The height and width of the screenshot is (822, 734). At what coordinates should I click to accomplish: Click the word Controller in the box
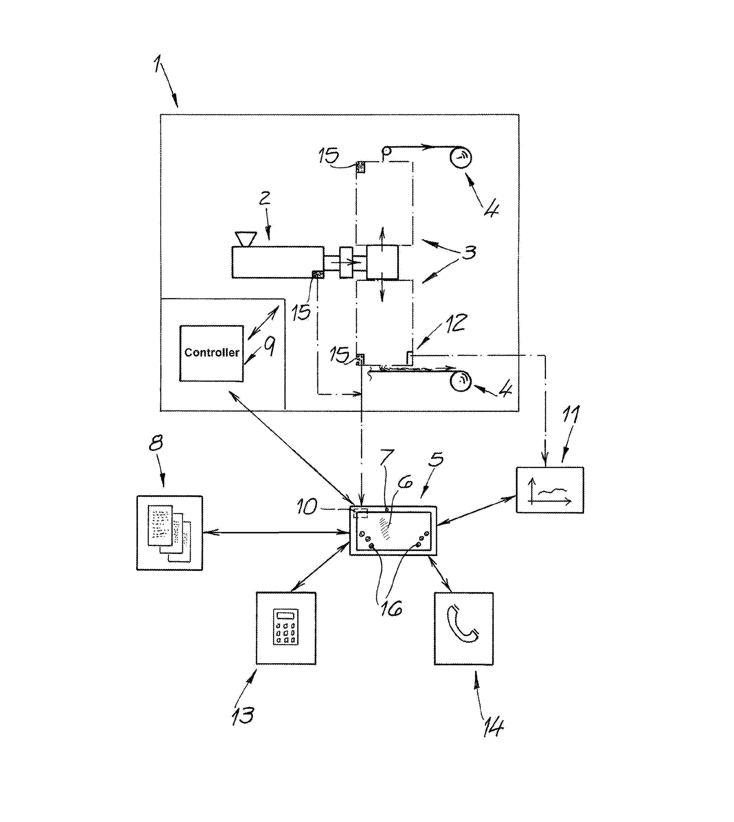[211, 353]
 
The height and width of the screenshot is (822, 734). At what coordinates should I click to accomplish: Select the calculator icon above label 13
[286, 626]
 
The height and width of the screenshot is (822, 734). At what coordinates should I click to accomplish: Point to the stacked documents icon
[169, 533]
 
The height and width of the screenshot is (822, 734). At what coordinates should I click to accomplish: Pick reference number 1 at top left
[158, 65]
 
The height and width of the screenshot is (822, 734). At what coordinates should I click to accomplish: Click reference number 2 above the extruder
[265, 198]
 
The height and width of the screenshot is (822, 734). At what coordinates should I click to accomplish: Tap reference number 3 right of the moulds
[469, 252]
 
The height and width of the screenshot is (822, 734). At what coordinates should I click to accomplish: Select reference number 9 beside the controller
[270, 346]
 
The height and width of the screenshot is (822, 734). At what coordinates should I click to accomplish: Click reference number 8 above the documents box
[156, 443]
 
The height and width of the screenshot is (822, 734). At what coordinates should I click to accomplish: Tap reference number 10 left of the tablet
[307, 507]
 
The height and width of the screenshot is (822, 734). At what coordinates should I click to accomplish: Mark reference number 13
[243, 716]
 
